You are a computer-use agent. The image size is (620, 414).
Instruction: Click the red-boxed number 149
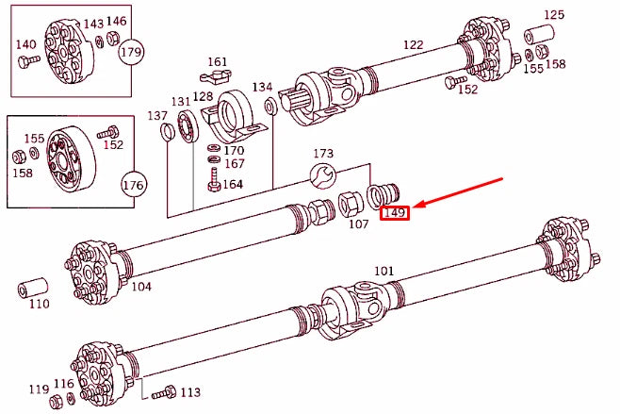point(394,213)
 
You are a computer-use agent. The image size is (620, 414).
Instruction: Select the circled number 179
point(131,52)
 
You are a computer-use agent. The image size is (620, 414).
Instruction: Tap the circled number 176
point(134,185)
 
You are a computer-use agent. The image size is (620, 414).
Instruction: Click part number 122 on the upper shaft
point(413,44)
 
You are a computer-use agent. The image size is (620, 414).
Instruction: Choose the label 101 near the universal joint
point(383,272)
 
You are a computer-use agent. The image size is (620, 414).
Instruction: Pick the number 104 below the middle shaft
point(141,286)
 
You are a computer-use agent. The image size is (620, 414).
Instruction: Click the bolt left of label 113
point(162,392)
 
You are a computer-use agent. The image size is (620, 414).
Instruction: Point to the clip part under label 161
point(216,76)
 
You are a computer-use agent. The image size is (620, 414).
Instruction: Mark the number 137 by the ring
point(156,115)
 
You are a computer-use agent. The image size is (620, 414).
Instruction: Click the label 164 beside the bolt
point(233,184)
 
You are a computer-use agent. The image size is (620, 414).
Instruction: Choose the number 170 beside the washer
point(234,150)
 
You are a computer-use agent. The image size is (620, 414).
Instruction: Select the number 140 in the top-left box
point(25,44)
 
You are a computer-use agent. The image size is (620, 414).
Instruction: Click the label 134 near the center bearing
point(262,87)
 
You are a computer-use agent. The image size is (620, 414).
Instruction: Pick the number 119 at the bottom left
point(38,389)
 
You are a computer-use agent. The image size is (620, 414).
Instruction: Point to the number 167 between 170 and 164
point(234,164)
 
